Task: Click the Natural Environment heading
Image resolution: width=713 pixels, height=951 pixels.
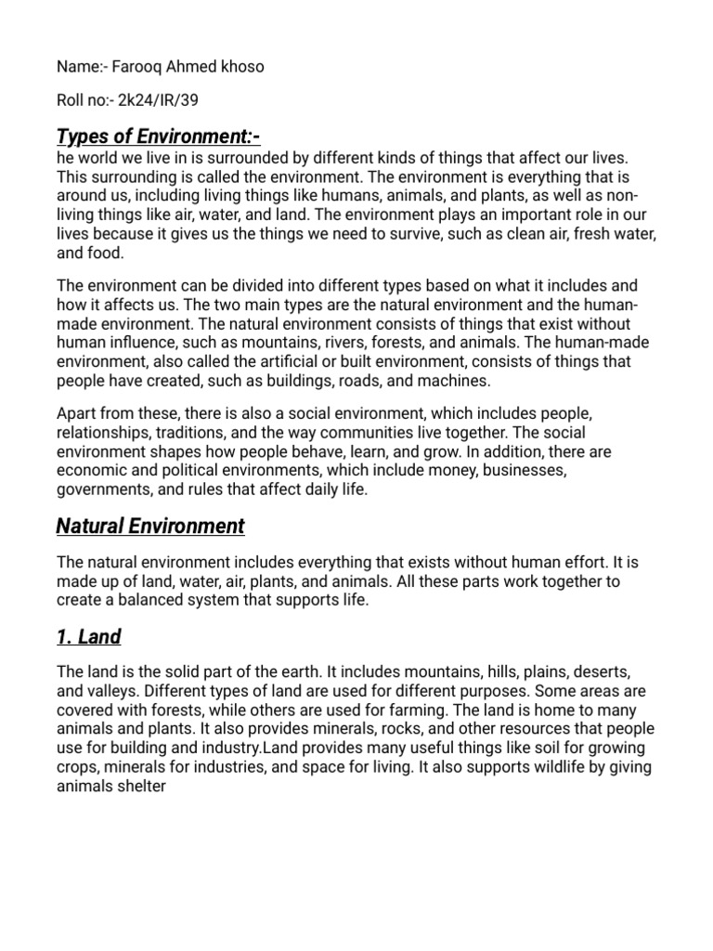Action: [150, 527]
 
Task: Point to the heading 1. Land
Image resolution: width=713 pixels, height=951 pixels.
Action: [89, 637]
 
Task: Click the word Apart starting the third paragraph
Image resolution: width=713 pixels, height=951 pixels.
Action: [76, 416]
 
